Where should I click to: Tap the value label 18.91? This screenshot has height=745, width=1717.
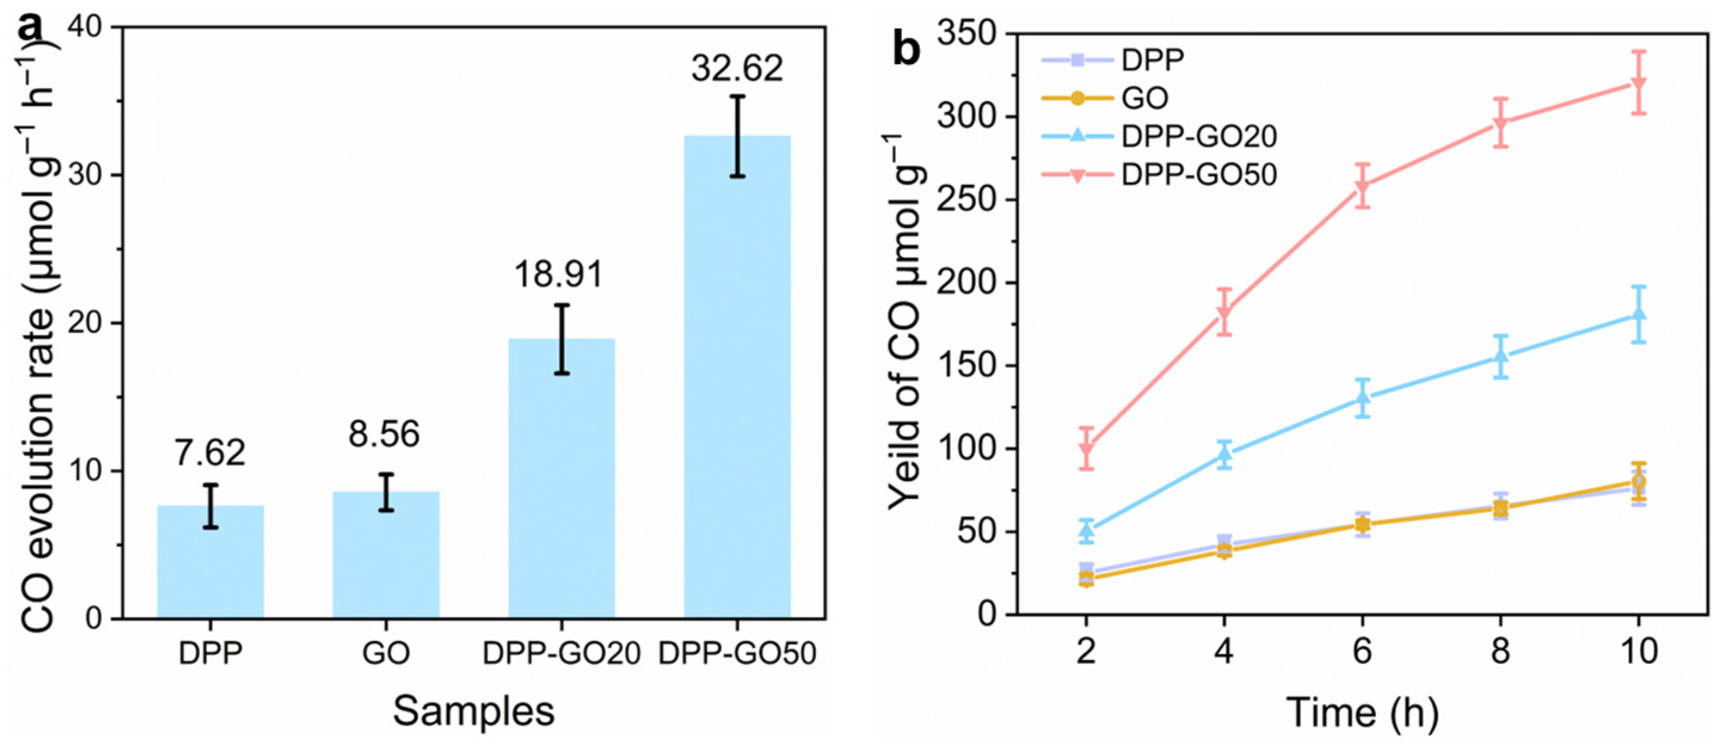coord(559,275)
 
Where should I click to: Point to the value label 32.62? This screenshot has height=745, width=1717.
coord(737,68)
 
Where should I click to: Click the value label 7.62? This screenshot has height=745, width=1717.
coord(210,452)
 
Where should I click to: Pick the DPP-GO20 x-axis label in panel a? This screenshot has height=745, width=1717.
coord(561,654)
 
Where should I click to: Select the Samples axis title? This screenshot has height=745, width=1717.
coord(473,712)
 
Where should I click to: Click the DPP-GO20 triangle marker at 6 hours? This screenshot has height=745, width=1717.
coord(1362,398)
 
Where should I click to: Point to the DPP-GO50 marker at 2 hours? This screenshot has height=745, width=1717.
coord(1087,448)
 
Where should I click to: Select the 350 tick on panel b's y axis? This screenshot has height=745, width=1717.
coord(970,33)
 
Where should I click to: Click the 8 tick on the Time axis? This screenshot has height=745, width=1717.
coord(1500,651)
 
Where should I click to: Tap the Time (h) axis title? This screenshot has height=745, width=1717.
coord(1362,712)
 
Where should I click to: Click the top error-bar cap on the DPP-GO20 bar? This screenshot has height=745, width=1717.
coord(562,305)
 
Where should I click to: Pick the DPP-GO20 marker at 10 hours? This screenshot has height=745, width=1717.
coord(1638,314)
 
